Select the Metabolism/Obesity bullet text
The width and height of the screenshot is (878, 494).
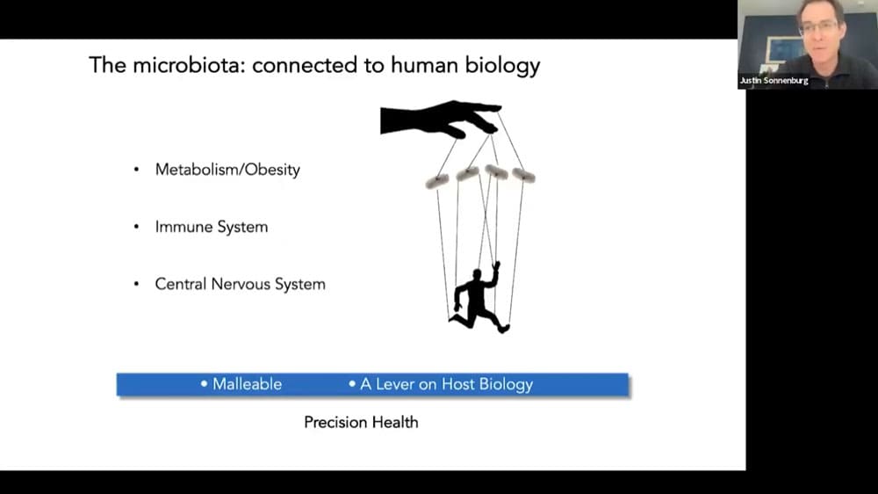click(x=227, y=170)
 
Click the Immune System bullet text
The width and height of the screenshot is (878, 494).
click(x=212, y=227)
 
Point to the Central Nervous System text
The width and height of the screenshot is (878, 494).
click(x=241, y=284)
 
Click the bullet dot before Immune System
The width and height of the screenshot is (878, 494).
click(x=136, y=227)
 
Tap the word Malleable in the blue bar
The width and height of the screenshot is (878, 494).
click(x=247, y=384)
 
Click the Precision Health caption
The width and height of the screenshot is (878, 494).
click(x=361, y=422)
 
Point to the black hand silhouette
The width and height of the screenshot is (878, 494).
click(x=440, y=119)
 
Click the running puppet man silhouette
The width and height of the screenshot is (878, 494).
click(x=478, y=300)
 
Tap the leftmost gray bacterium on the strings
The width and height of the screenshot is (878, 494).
click(x=436, y=181)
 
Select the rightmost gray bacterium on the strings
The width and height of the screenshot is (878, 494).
click(x=523, y=176)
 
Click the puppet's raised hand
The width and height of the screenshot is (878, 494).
click(x=495, y=265)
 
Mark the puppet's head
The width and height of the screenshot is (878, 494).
click(x=477, y=275)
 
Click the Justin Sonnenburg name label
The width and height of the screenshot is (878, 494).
click(x=774, y=81)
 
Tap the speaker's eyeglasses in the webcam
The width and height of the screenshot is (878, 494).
click(x=818, y=27)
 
